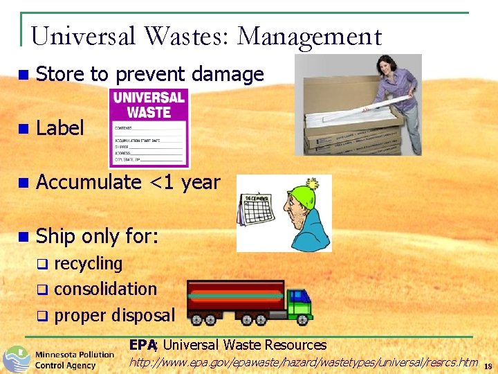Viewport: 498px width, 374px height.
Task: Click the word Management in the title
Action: click(309, 37)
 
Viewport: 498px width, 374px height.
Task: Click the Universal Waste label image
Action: click(149, 129)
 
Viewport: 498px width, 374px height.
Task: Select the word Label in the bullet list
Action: click(59, 128)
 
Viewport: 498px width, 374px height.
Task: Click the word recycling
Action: click(88, 264)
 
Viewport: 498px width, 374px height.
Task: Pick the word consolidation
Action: click(105, 290)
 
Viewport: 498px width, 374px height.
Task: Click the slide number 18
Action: click(488, 366)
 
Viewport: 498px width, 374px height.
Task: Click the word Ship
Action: click(56, 236)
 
